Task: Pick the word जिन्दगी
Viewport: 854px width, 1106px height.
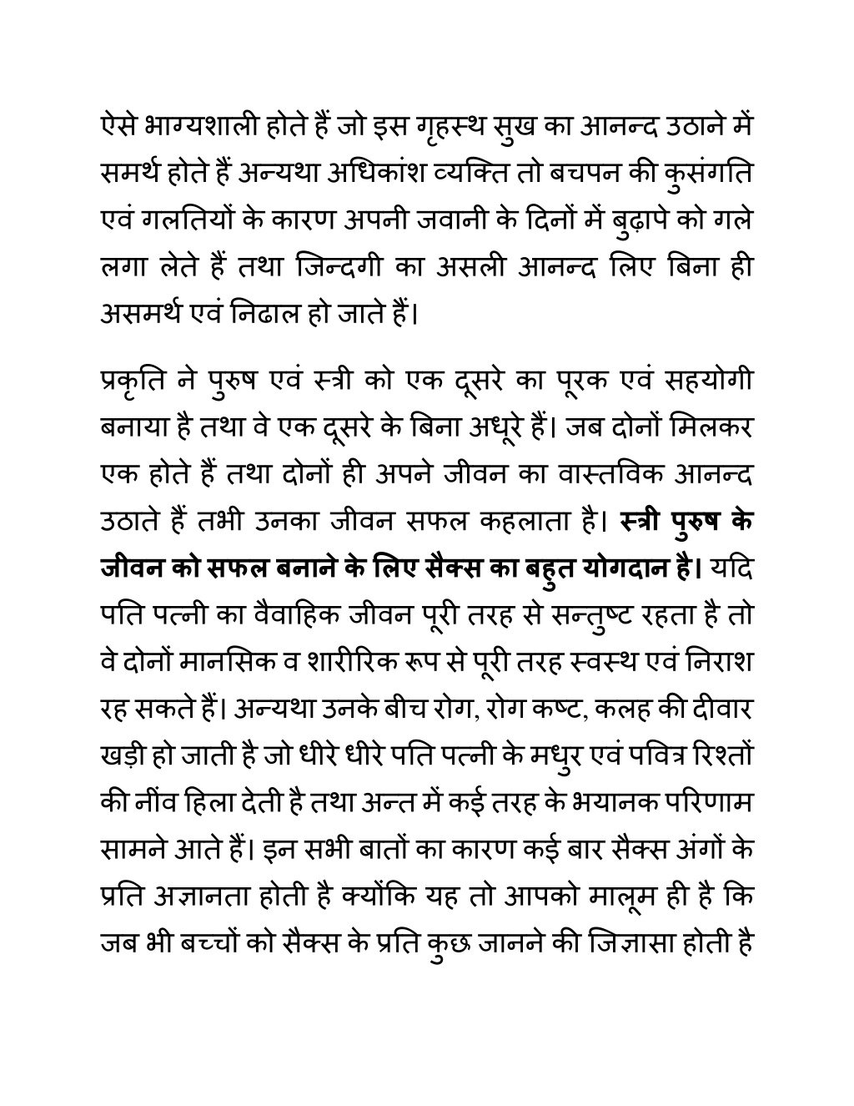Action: click(x=327, y=269)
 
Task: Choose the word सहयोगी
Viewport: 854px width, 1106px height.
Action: click(x=710, y=381)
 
